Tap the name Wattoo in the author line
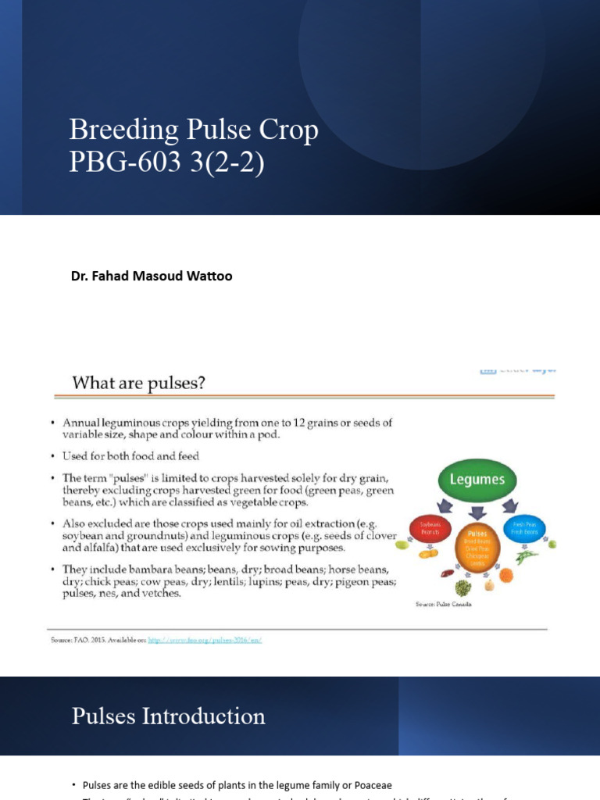(205, 276)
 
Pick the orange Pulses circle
(477, 546)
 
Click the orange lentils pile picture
(506, 575)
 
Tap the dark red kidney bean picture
(447, 573)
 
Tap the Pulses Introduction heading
(168, 716)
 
